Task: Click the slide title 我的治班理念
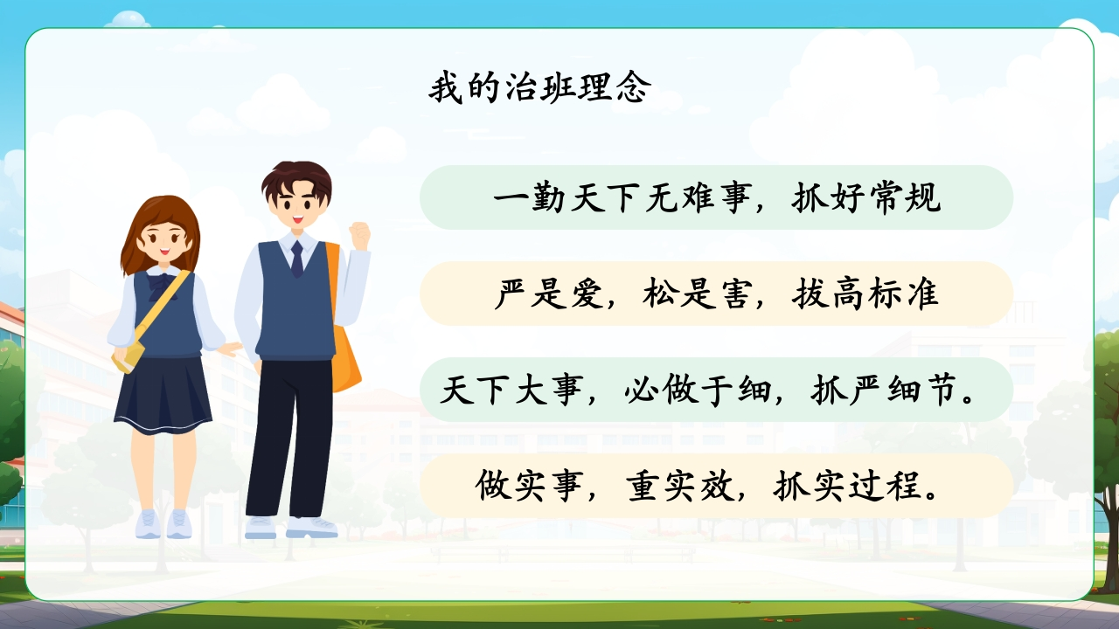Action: coord(540,87)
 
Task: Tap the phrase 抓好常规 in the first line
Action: coord(866,197)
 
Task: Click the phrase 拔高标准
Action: coord(865,294)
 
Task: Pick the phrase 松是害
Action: coord(698,294)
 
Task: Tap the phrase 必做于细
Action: coord(698,390)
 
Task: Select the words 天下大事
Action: coord(511,390)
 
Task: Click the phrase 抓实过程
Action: coord(847,486)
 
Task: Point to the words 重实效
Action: coord(679,486)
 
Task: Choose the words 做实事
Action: coord(530,486)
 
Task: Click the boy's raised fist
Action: coord(359,236)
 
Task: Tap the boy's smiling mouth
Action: coord(298,218)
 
